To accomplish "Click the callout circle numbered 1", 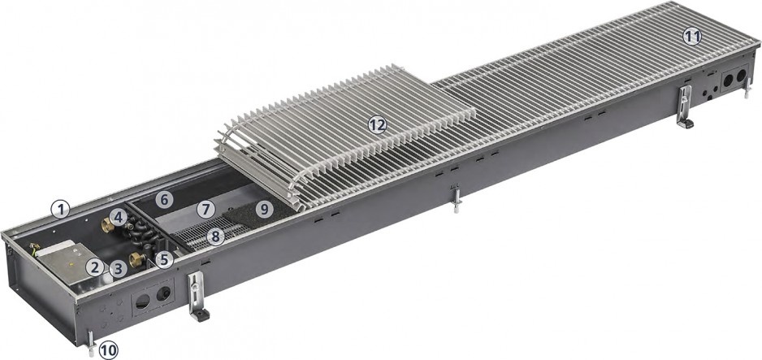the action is (61, 210).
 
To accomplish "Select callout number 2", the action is (96, 267).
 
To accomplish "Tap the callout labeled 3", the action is (118, 269).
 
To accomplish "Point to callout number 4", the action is (119, 218).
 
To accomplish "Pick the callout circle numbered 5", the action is (164, 259).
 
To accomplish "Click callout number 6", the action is (164, 199).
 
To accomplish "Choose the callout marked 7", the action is (206, 210).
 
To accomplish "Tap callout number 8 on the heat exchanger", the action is (215, 236).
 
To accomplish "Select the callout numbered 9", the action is (264, 209).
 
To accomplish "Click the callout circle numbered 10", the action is (108, 349).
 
